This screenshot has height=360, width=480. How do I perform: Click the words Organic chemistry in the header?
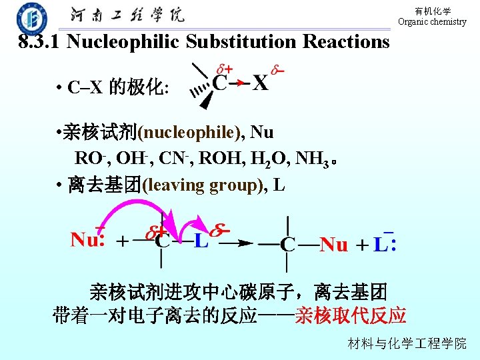tap(432, 22)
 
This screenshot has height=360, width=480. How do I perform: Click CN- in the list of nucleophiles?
tap(177, 159)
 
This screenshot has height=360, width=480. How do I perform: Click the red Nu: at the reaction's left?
tap(87, 239)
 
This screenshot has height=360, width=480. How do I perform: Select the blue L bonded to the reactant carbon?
tap(201, 241)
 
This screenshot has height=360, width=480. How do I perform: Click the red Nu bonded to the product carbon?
tap(334, 245)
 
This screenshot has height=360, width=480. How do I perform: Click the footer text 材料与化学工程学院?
tap(407, 344)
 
